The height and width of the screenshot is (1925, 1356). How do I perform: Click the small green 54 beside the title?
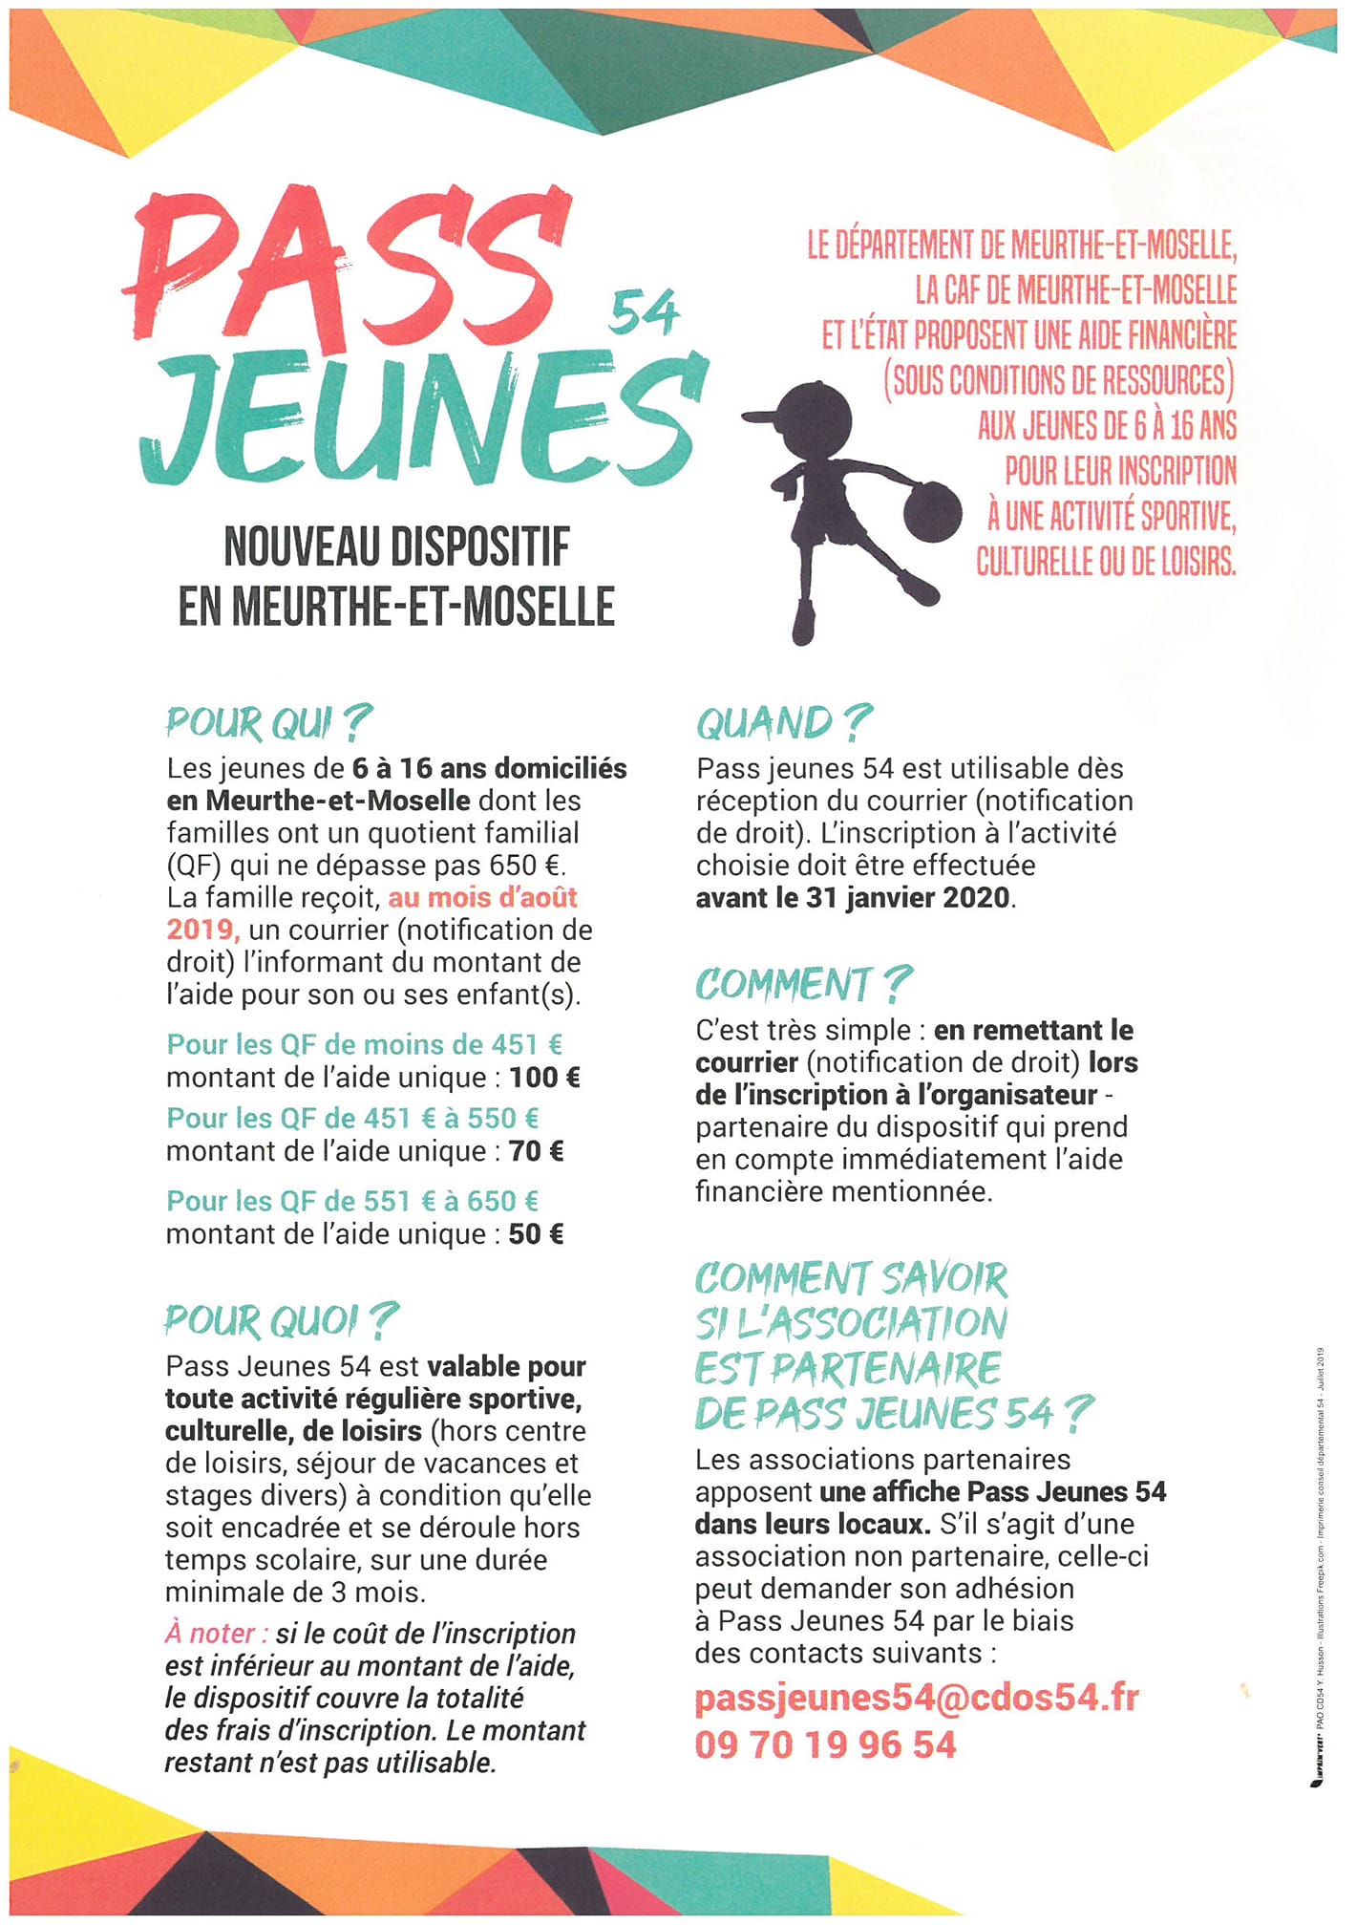(643, 314)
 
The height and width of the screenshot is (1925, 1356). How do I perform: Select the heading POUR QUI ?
(268, 723)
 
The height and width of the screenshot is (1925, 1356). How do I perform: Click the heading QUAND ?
(784, 723)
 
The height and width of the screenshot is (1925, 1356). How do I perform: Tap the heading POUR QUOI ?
(280, 1320)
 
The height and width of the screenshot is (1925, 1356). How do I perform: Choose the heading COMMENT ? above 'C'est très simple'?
(803, 984)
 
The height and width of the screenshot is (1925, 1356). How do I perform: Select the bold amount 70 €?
(536, 1151)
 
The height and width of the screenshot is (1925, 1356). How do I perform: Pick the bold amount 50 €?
(536, 1234)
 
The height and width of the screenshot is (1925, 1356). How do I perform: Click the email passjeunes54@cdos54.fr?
(917, 1698)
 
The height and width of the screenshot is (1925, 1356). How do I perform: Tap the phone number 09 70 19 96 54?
(825, 1744)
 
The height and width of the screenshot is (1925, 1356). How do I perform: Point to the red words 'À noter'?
(216, 1634)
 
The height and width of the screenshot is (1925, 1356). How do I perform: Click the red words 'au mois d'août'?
(482, 897)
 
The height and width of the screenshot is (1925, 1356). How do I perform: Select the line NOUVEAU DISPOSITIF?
(396, 546)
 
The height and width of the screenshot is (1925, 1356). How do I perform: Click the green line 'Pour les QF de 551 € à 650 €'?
(352, 1201)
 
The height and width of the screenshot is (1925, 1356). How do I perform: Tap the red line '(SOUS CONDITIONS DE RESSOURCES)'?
(1058, 380)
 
